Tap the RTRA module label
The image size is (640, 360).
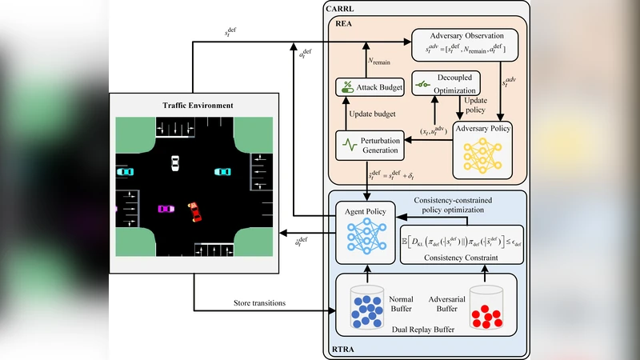(x=344, y=349)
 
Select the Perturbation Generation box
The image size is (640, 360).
(x=368, y=144)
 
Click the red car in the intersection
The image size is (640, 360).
(x=194, y=212)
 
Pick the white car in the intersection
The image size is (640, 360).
(x=175, y=164)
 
